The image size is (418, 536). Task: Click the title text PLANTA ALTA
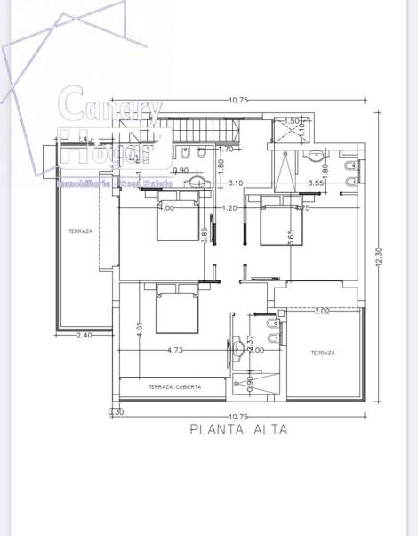(237, 428)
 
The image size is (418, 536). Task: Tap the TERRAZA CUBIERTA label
(174, 387)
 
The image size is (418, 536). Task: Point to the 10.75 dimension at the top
(237, 100)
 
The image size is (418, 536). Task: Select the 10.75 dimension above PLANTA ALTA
(237, 416)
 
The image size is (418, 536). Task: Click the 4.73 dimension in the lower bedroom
(175, 351)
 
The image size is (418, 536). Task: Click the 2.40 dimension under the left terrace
(84, 336)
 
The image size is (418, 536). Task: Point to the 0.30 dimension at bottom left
(115, 412)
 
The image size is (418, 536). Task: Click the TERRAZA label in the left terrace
(80, 231)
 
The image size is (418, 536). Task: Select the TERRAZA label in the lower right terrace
(322, 353)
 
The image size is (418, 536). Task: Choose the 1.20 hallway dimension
(229, 208)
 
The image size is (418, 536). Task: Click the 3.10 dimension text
(236, 183)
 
